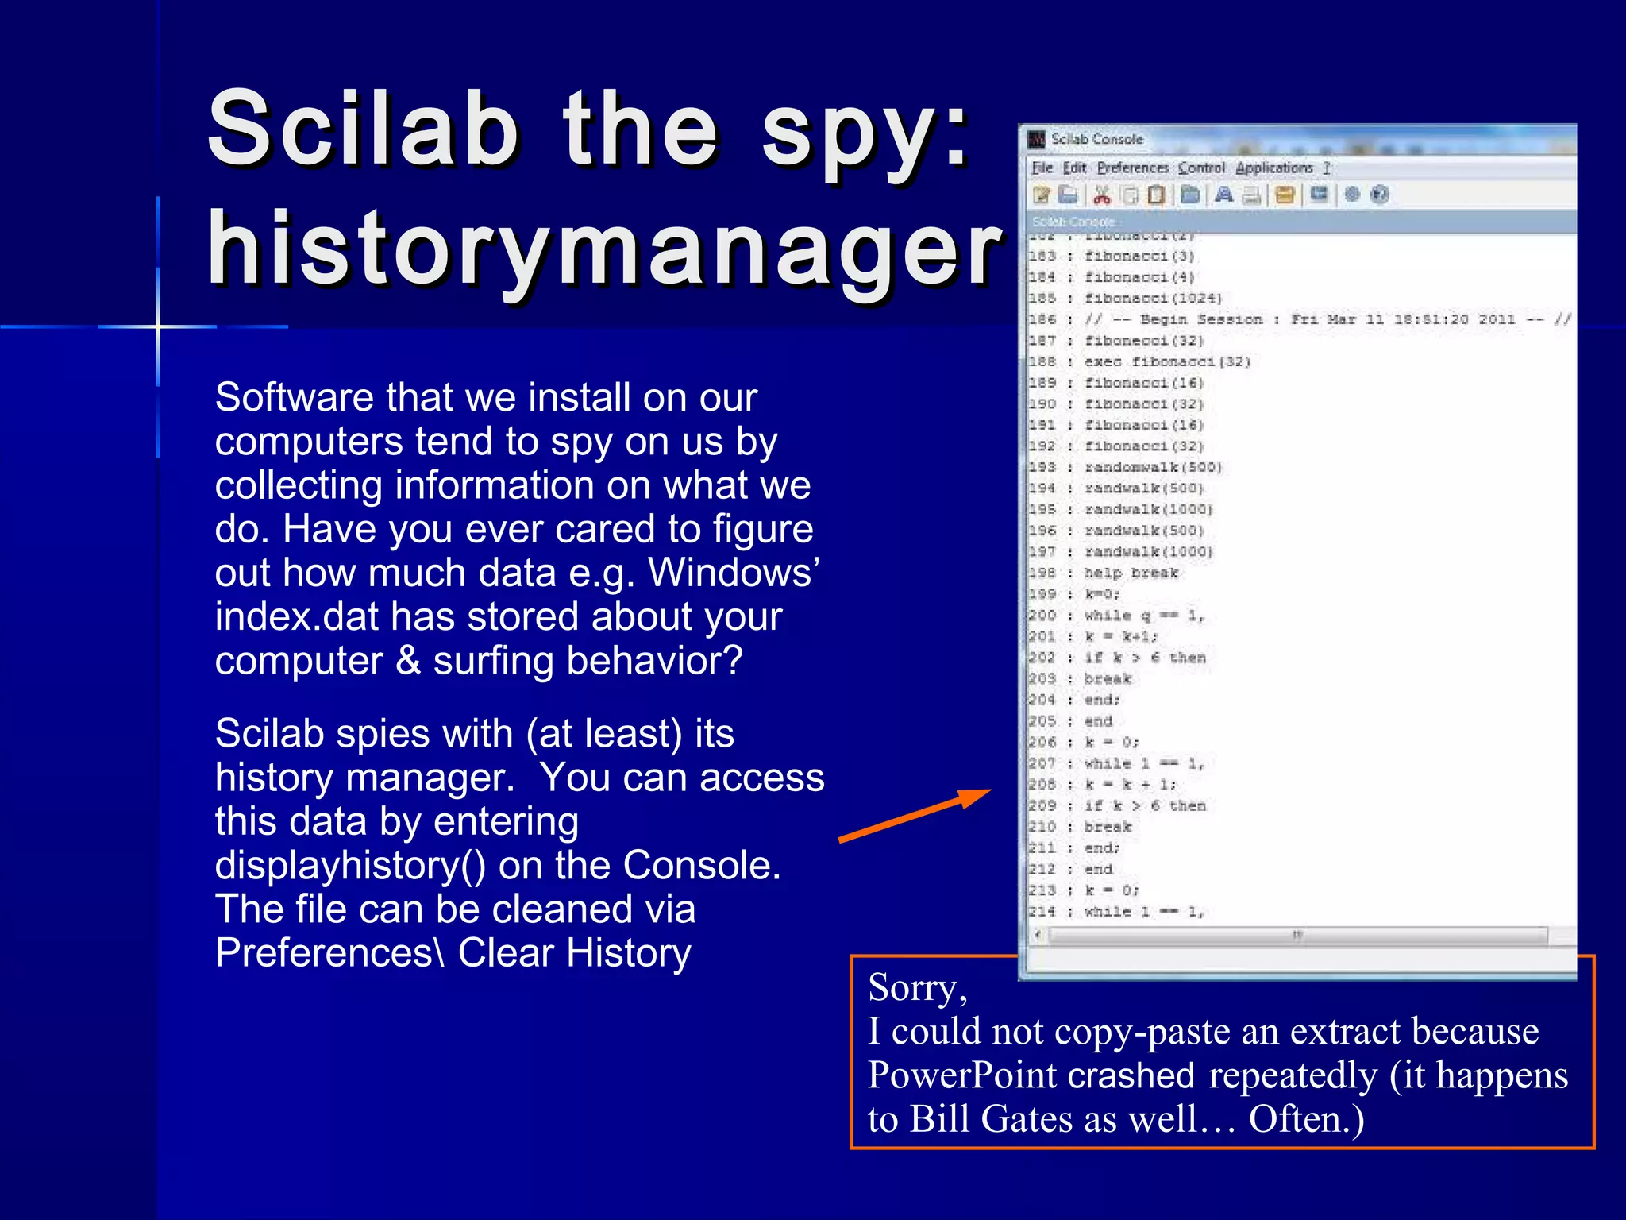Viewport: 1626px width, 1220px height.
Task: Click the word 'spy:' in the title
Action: [865, 131]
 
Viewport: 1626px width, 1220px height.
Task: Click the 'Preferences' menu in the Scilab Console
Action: [1133, 168]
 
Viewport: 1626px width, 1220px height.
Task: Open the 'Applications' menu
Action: [1273, 168]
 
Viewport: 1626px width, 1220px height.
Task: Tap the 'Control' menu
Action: [1201, 168]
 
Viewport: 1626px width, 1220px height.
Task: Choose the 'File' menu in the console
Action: [1042, 168]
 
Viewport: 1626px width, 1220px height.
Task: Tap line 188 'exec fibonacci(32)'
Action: [1167, 361]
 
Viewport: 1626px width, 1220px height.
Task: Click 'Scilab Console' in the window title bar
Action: [1096, 139]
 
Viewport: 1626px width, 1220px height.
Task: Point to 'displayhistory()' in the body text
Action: [350, 865]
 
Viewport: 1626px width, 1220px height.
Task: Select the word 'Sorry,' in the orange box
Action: [917, 987]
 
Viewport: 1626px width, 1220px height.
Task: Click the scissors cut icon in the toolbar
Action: [1102, 195]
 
